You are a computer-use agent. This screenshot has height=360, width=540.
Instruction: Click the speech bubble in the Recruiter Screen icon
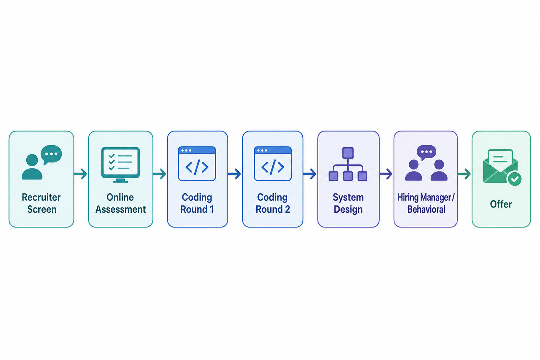point(51,154)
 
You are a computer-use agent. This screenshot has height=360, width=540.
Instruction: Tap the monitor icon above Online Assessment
point(121,165)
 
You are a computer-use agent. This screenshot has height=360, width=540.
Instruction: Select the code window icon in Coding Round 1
point(197,163)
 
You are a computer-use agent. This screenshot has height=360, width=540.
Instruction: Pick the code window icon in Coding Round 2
point(273,163)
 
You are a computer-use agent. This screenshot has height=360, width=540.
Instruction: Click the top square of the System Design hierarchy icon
point(348,153)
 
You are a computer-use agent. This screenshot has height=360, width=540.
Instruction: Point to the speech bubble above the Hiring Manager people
point(426,152)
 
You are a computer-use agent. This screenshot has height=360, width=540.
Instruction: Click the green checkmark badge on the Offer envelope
point(514,179)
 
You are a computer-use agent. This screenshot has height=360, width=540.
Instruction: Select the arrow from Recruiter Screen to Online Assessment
point(81,174)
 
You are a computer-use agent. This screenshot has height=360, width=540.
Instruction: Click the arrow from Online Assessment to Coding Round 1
point(160,174)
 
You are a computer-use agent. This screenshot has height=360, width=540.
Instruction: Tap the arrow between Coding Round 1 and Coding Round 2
point(234,174)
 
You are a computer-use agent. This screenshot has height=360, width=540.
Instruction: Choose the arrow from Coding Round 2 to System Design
point(309,174)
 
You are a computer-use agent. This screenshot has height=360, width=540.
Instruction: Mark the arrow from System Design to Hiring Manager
point(386,174)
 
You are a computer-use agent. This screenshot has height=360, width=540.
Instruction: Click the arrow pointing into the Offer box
point(464,174)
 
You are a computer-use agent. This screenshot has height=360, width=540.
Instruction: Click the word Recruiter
point(41,197)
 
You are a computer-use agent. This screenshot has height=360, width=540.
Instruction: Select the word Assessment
point(121,209)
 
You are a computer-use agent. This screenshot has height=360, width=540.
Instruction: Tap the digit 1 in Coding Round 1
point(212,209)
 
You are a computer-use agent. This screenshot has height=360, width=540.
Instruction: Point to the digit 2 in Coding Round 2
point(287,209)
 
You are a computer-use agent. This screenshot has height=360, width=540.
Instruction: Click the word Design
point(348,210)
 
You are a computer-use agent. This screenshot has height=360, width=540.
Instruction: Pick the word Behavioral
point(426,209)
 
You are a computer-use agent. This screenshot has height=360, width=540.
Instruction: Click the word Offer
point(501,204)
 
